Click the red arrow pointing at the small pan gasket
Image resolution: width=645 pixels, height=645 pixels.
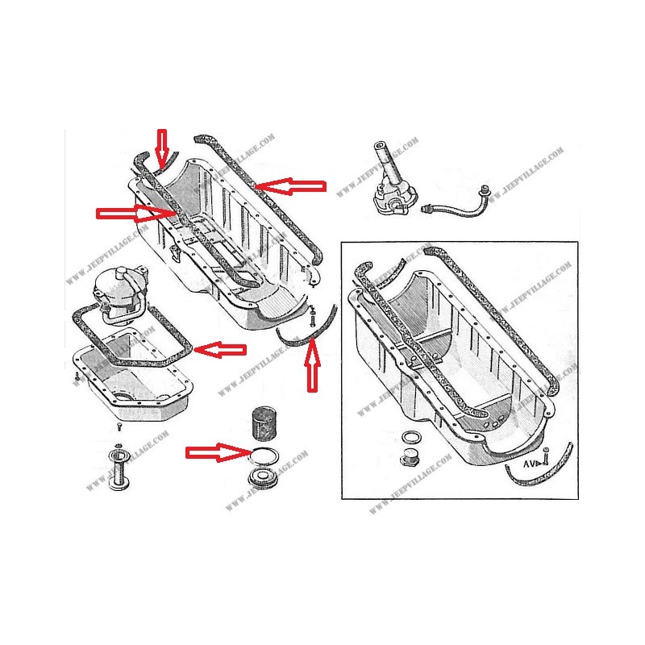(221, 349)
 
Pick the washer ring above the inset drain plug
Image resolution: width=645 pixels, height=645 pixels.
(410, 438)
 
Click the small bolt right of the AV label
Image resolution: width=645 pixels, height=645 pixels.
(546, 457)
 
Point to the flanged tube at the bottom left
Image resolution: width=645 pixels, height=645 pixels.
(119, 467)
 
